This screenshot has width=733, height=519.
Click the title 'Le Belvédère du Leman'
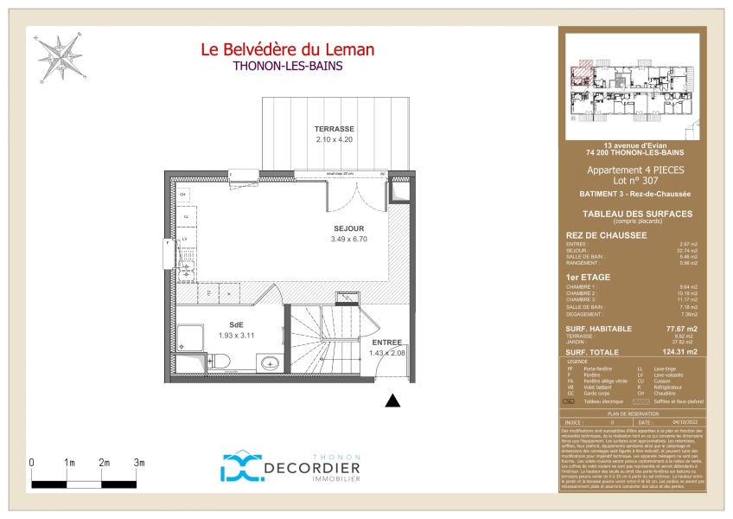click(287, 50)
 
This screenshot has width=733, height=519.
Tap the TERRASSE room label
click(335, 129)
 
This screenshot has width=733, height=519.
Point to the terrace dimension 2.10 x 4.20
click(335, 139)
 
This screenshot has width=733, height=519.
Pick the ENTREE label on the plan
click(386, 343)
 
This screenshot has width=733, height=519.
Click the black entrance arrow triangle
click(392, 400)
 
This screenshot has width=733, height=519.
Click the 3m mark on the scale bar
click(139, 463)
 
